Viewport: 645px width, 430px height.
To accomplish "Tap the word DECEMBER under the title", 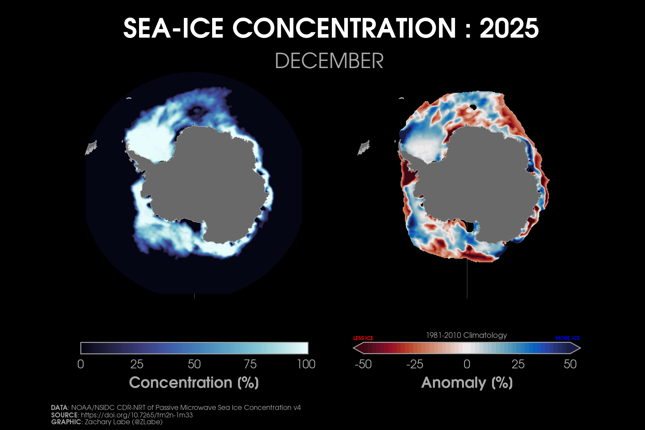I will (x=329, y=61).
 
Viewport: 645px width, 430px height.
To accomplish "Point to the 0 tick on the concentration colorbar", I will (x=81, y=364).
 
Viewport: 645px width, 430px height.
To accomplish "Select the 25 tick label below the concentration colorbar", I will (x=137, y=364).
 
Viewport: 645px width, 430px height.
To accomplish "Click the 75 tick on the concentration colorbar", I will (x=250, y=364).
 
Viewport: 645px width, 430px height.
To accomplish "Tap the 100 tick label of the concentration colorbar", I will (x=306, y=364).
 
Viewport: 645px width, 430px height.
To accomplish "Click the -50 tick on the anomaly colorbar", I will (x=363, y=364).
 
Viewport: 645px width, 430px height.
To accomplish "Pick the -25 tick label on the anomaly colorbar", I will (x=415, y=364).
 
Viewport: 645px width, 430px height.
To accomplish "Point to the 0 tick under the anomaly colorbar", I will (x=467, y=364).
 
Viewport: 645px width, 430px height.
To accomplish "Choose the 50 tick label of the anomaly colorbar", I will (x=570, y=364).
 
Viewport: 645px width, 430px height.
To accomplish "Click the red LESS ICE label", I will (x=363, y=338).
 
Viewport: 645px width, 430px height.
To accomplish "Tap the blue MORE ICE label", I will (x=568, y=338).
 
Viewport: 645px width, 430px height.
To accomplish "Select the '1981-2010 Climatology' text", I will (x=467, y=335).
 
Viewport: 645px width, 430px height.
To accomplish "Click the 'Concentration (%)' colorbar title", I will (x=194, y=383).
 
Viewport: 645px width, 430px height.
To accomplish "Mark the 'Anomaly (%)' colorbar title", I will (x=467, y=383).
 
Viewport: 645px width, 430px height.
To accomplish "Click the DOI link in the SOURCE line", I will (x=137, y=415).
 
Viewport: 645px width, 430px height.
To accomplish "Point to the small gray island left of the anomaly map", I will (x=364, y=147).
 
